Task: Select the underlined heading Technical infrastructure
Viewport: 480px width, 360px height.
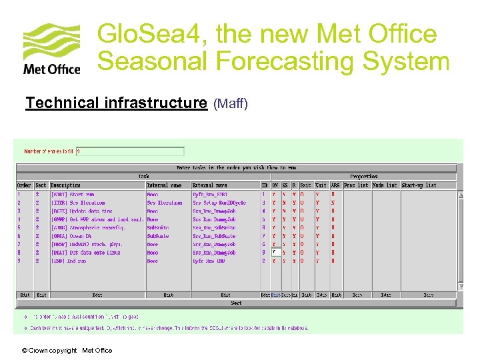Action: (116, 103)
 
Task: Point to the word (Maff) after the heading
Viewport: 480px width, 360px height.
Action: (231, 103)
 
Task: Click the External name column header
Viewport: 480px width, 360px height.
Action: (210, 185)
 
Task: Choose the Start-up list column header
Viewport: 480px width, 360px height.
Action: (419, 185)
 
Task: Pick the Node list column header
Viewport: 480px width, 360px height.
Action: (385, 185)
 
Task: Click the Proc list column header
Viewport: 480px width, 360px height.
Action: (356, 185)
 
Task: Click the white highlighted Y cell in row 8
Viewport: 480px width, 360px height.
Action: (275, 253)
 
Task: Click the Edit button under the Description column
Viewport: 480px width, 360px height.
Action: (97, 295)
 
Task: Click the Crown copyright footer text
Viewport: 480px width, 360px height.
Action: (67, 351)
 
